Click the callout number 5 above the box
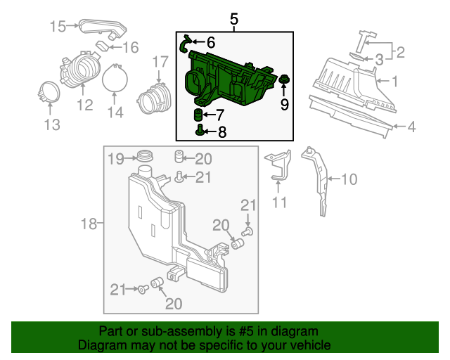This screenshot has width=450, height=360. (234, 19)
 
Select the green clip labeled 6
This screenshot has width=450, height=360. (184, 44)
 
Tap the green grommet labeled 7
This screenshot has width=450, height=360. (198, 115)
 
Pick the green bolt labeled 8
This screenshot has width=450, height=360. (200, 131)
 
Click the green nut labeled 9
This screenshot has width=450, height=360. (284, 79)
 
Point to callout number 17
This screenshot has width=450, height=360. (160, 62)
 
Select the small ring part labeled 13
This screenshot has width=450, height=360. (49, 91)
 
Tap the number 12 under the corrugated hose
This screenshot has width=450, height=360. (85, 105)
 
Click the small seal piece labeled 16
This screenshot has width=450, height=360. (102, 46)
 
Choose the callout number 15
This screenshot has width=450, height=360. (58, 27)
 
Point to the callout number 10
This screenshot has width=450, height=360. (349, 179)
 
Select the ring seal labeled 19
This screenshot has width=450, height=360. (145, 157)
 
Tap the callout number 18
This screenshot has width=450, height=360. (89, 224)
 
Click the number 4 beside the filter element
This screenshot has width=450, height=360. (411, 127)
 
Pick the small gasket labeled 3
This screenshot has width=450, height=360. (357, 56)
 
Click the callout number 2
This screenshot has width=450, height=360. (400, 52)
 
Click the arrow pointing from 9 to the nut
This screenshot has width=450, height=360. (284, 89)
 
